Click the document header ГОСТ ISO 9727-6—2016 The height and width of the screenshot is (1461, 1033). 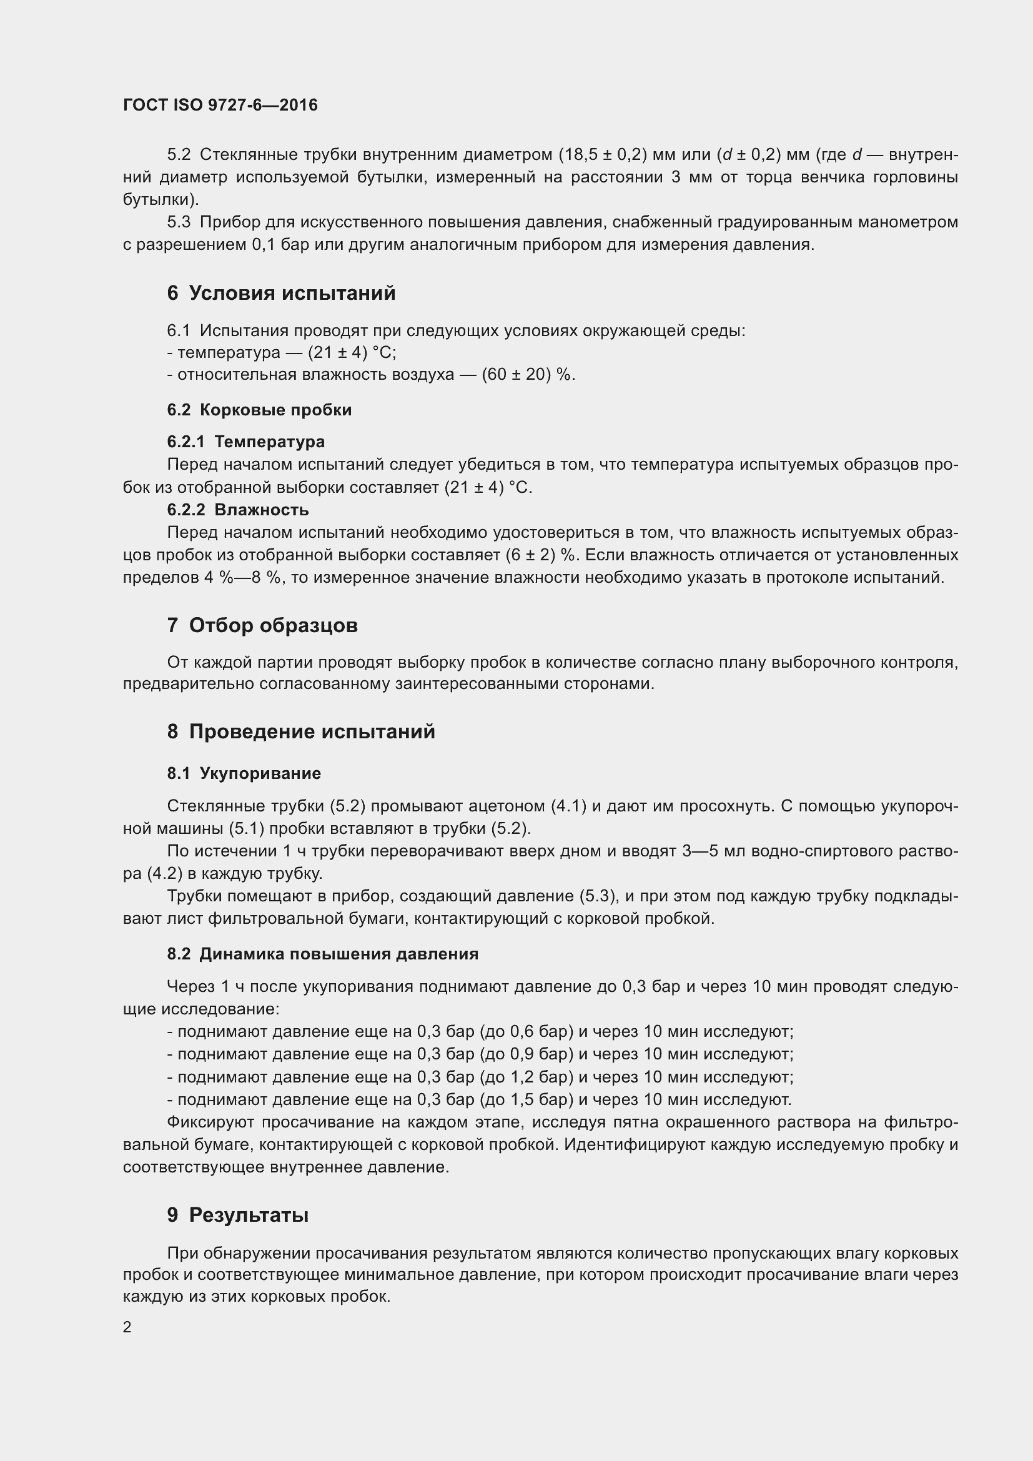pyautogui.click(x=220, y=105)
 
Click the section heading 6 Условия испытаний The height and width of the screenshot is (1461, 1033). pyautogui.click(x=281, y=293)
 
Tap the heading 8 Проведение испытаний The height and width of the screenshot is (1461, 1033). pyautogui.click(x=301, y=731)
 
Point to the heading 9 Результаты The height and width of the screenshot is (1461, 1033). pyautogui.click(x=238, y=1215)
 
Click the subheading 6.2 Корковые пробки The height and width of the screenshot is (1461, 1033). pyautogui.click(x=259, y=410)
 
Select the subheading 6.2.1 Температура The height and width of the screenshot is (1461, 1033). pyautogui.click(x=245, y=442)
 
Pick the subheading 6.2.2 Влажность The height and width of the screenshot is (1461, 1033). pyautogui.click(x=238, y=510)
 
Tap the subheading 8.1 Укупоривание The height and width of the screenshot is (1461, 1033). pyautogui.click(x=244, y=773)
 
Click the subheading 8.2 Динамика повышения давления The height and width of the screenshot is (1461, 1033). pyautogui.click(x=322, y=954)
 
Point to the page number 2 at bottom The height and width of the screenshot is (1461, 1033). pyautogui.click(x=127, y=1327)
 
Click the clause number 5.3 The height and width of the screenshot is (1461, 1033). pyautogui.click(x=179, y=222)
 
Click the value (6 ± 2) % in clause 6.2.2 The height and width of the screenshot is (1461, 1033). pyautogui.click(x=541, y=555)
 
